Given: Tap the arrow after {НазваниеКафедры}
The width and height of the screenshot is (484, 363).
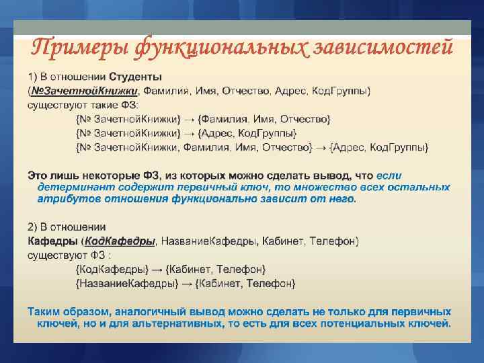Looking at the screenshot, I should [x=190, y=284].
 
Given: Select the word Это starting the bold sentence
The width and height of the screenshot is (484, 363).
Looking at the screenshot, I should [x=37, y=174].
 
